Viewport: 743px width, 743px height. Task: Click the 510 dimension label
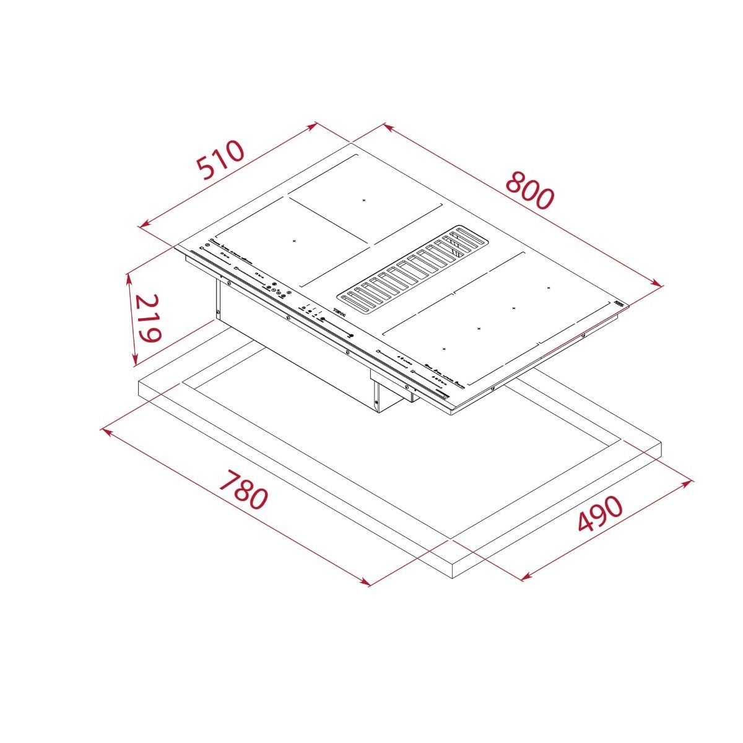[x=221, y=160]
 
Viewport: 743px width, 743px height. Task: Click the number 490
[x=599, y=514]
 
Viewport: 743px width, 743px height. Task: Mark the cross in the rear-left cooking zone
[x=364, y=200]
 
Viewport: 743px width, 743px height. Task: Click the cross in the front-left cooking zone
[x=295, y=240]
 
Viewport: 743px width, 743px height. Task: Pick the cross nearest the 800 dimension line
[x=549, y=287]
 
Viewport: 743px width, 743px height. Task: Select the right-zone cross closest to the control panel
[x=444, y=349]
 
